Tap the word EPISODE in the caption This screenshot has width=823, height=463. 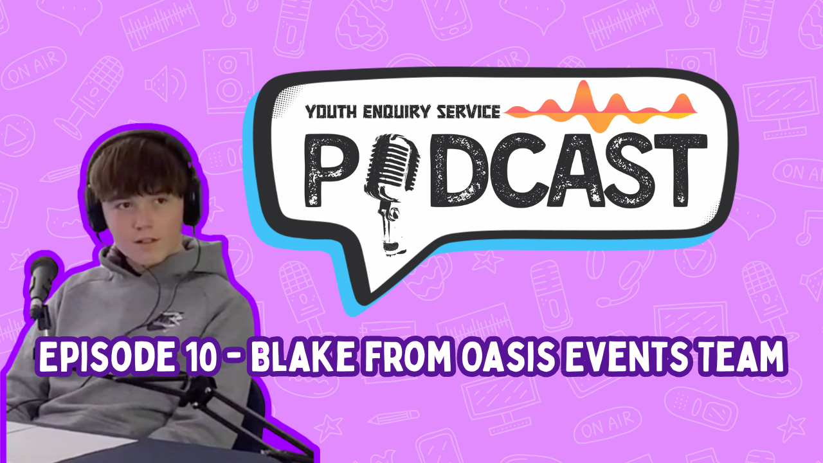106,357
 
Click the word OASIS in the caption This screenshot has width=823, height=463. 507,357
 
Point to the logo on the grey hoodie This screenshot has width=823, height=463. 165,320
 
